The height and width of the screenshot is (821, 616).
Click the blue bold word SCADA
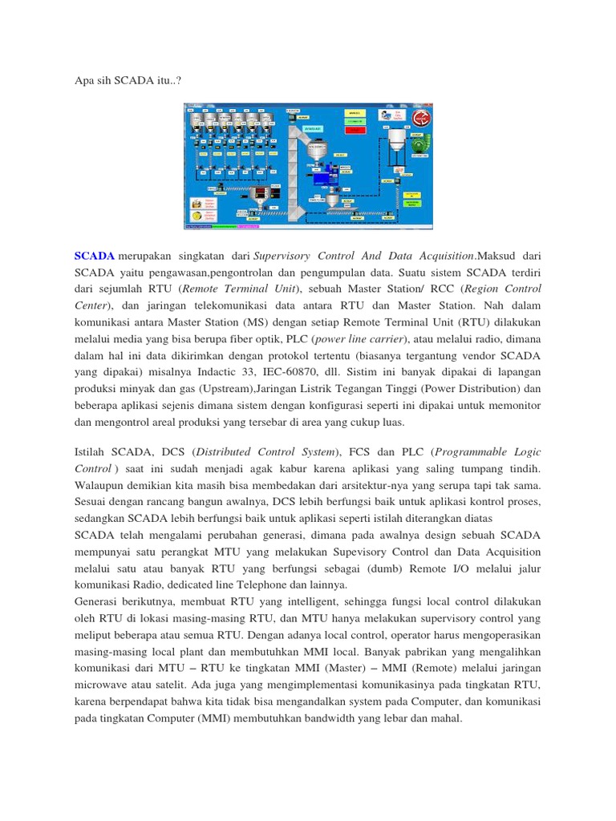94,256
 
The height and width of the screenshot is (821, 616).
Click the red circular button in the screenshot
417,119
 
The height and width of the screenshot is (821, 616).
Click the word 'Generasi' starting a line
99,602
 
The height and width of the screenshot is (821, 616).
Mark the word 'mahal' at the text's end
444,718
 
